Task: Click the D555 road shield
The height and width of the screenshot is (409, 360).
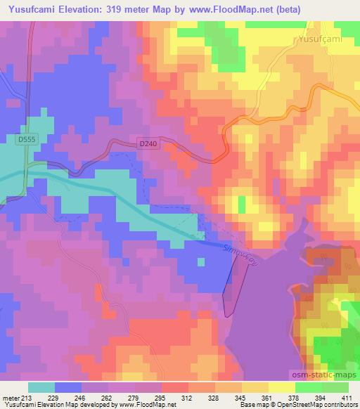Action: pyautogui.click(x=27, y=141)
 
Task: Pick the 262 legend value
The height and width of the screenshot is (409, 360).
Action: pyautogui.click(x=107, y=398)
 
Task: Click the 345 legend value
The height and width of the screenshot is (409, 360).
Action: pyautogui.click(x=240, y=398)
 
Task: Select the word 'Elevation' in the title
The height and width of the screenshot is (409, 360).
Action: pyautogui.click(x=105, y=9)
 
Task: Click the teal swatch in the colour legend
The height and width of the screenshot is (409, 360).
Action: pyautogui.click(x=41, y=387)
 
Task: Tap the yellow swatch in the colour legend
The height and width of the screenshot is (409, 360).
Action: pyautogui.click(x=281, y=387)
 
